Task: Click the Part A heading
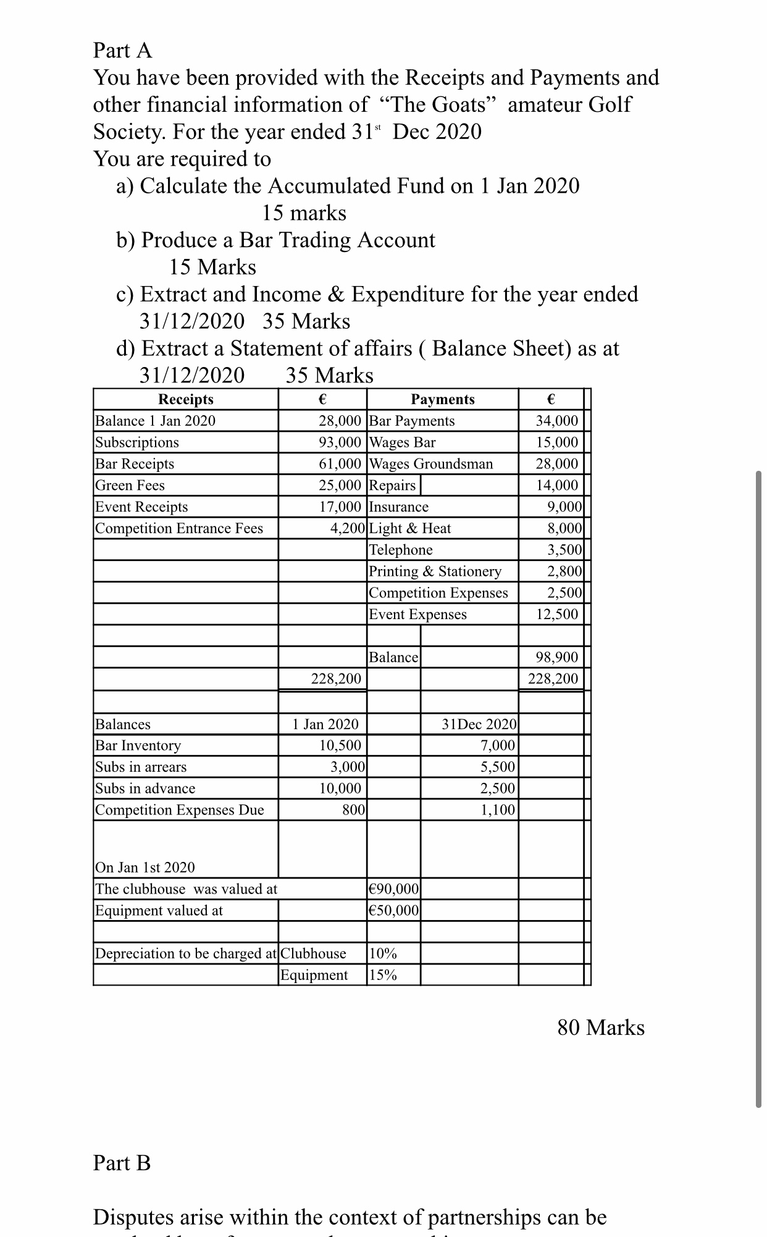[122, 50]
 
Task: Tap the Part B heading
[122, 1163]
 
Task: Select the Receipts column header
[186, 399]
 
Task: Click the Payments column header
[443, 399]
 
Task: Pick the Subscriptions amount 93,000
[340, 442]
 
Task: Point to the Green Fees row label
[130, 486]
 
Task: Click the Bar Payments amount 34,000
[557, 421]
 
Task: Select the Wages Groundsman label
[431, 464]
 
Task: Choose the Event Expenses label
[418, 614]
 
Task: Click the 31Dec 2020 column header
[479, 724]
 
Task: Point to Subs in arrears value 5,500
[498, 767]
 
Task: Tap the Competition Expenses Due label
[180, 810]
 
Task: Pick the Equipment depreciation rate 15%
[383, 975]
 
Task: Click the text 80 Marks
[601, 1028]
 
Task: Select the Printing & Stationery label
[435, 572]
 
